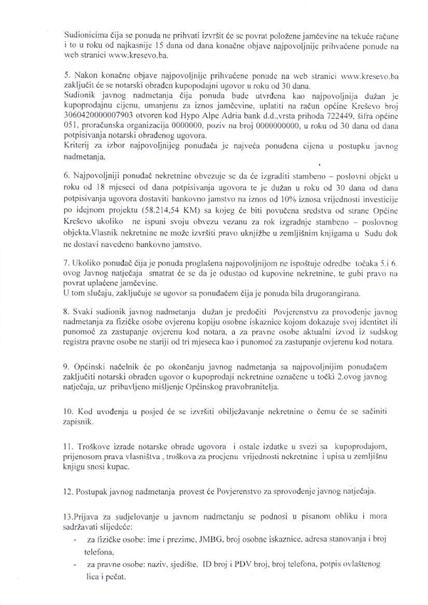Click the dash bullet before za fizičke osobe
[x=75, y=541]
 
